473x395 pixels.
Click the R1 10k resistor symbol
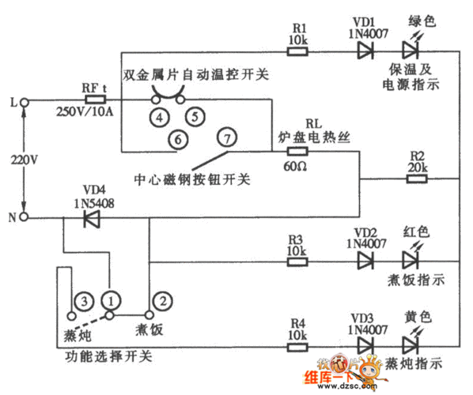(297, 52)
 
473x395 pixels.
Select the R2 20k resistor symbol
(418, 179)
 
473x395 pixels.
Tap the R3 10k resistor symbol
(297, 261)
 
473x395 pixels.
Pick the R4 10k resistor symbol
(297, 345)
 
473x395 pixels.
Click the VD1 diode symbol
(365, 52)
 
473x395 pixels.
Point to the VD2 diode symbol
(365, 261)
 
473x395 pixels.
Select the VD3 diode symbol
(365, 345)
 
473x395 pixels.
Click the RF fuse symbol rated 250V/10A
(95, 101)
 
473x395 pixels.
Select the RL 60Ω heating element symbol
(297, 150)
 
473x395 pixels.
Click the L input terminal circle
(25, 102)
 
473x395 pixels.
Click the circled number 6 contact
(180, 140)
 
